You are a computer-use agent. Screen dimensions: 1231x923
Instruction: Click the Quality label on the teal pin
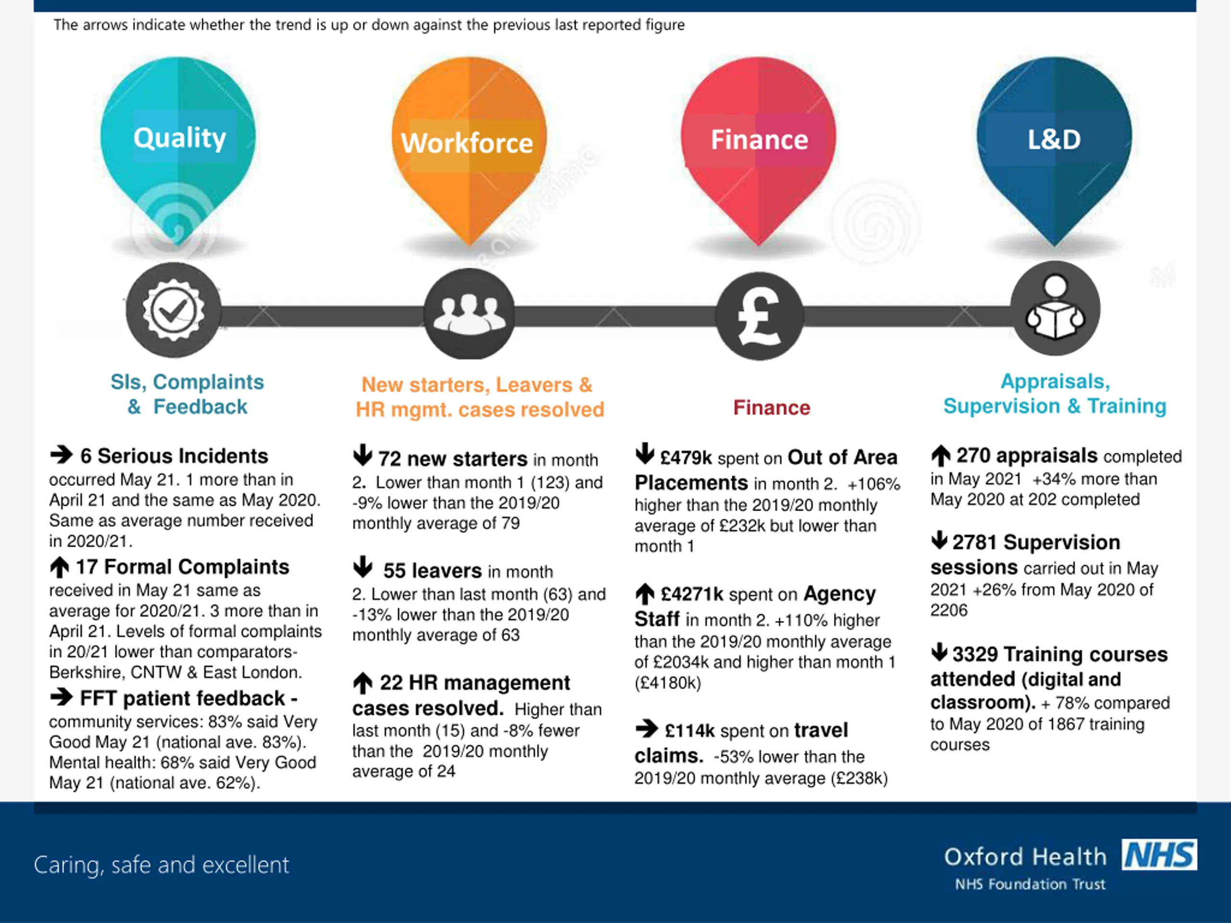pyautogui.click(x=179, y=137)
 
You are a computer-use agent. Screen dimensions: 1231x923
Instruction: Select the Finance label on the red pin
pyautogui.click(x=759, y=139)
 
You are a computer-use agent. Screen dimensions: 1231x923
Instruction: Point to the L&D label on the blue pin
pyautogui.click(x=1054, y=139)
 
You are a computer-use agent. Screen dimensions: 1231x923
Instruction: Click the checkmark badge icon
pyautogui.click(x=173, y=310)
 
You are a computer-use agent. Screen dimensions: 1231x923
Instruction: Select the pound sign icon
pyautogui.click(x=759, y=316)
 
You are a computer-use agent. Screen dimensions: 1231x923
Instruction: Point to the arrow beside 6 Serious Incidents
pyautogui.click(x=61, y=455)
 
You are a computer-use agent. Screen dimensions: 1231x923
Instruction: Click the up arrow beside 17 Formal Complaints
pyautogui.click(x=60, y=567)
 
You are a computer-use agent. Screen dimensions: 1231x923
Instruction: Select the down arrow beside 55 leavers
pyautogui.click(x=362, y=566)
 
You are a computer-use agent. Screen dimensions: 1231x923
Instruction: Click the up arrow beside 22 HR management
pyautogui.click(x=362, y=683)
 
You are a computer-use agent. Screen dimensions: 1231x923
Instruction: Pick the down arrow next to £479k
pyautogui.click(x=644, y=453)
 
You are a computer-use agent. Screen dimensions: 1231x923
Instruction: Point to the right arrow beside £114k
pyautogui.click(x=646, y=728)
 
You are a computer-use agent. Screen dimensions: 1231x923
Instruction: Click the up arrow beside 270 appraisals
pyautogui.click(x=941, y=456)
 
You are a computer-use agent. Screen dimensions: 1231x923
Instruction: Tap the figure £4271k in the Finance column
pyautogui.click(x=692, y=594)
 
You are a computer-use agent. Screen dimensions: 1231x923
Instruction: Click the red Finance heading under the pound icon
pyautogui.click(x=771, y=408)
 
